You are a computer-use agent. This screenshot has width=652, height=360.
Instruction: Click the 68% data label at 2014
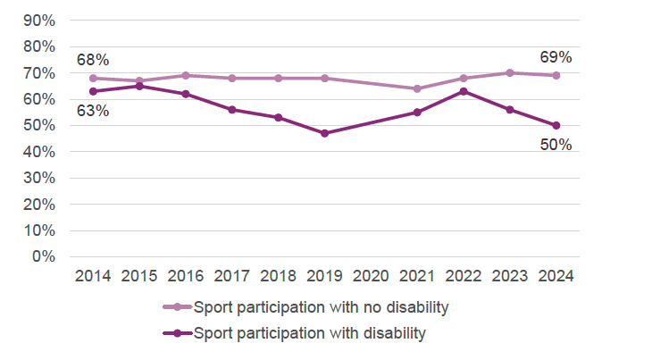(93, 60)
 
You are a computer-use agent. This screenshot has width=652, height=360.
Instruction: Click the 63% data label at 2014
(93, 111)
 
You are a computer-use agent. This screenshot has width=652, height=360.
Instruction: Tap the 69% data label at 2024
(556, 57)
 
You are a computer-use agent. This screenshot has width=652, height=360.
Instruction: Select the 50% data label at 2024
(556, 145)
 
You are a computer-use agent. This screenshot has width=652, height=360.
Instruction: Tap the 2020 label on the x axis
(371, 276)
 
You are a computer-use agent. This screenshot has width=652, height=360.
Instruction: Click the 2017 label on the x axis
(231, 276)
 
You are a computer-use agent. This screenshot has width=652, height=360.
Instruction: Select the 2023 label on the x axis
(509, 276)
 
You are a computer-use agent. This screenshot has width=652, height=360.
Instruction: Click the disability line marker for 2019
(324, 133)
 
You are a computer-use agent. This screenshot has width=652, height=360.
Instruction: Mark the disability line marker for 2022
(463, 91)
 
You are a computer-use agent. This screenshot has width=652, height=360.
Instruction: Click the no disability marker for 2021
(416, 88)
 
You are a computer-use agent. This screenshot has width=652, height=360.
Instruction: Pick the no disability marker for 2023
(509, 72)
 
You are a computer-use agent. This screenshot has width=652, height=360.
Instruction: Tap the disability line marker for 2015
(139, 86)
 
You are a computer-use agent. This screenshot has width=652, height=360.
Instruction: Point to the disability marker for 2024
(556, 125)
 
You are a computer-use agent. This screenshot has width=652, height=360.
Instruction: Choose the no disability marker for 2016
(186, 75)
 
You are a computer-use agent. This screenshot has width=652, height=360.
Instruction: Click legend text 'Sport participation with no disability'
(320, 307)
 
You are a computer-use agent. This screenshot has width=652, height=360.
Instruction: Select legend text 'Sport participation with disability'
(309, 333)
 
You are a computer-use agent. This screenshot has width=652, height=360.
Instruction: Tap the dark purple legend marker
(177, 333)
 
